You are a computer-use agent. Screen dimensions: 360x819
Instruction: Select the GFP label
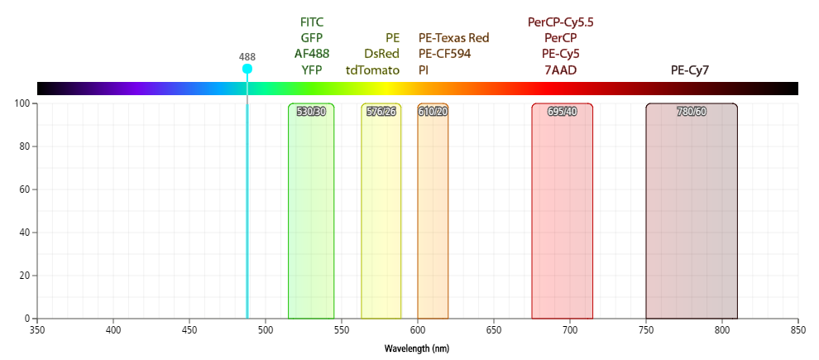point(311,38)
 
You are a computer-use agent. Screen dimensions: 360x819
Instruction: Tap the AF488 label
point(311,54)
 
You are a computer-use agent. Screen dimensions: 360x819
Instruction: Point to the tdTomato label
point(372,70)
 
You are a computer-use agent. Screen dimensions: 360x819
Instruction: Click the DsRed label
point(381,54)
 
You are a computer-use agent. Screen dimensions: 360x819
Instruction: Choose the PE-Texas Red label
point(454,38)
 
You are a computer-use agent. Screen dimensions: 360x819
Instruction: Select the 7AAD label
point(561,70)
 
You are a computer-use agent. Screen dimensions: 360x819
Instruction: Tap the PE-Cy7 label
point(690,70)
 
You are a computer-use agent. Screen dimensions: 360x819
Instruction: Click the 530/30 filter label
point(311,112)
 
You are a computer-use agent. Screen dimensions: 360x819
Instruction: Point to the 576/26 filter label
point(381,112)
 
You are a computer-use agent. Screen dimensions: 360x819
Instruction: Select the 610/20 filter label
point(433,112)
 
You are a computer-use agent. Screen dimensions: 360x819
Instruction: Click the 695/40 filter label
point(562,112)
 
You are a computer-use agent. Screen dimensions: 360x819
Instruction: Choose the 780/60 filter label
point(691,112)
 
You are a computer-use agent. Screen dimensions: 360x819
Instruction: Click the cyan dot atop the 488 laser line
point(247,69)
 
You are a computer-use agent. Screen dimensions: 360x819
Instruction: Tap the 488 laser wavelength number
point(247,57)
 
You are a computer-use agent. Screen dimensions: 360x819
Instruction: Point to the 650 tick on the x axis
point(494,329)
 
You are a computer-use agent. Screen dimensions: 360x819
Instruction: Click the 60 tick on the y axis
point(25,190)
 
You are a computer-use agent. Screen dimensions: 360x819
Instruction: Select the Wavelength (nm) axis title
point(417,348)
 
